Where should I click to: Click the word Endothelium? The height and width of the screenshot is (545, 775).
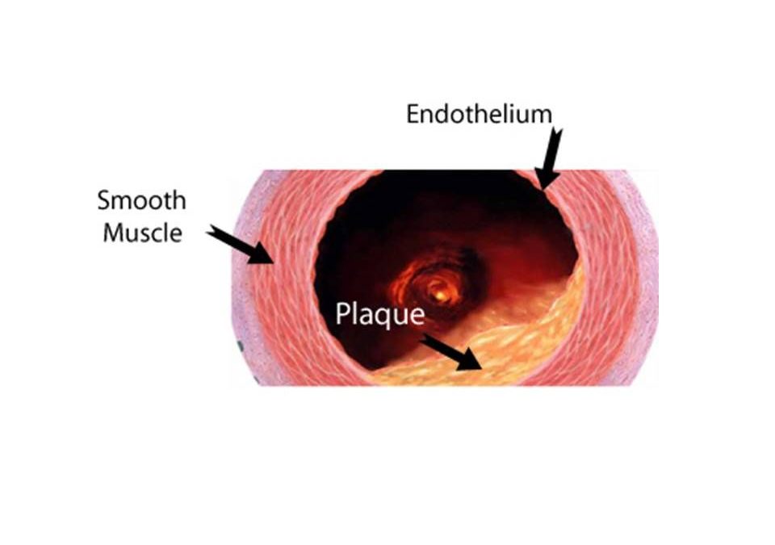click(x=479, y=114)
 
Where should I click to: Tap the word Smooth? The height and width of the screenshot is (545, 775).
click(x=142, y=200)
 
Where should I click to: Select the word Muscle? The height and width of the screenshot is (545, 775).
click(x=143, y=233)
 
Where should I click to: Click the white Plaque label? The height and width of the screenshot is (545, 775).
click(x=379, y=314)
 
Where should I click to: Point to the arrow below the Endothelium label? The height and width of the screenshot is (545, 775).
click(x=549, y=158)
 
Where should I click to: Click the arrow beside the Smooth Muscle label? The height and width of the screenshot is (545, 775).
click(x=240, y=245)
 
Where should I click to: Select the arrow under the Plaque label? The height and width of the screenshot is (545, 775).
click(x=451, y=353)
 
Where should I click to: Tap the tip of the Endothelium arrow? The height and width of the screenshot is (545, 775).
click(x=542, y=189)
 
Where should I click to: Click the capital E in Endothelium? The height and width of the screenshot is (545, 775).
click(x=413, y=114)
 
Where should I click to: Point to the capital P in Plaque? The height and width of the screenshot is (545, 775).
click(x=342, y=313)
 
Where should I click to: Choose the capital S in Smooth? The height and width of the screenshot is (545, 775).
click(x=104, y=200)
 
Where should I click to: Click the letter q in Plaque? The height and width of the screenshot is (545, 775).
click(x=384, y=317)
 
